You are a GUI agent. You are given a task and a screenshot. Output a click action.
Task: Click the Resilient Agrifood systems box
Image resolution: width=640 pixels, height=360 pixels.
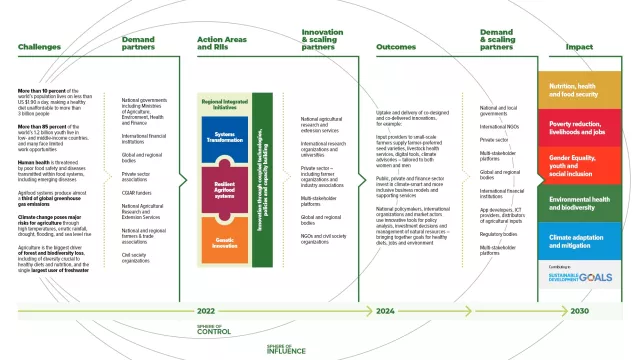click(x=225, y=188)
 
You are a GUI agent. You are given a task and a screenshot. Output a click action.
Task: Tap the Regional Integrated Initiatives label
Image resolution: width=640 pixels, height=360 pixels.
click(x=225, y=106)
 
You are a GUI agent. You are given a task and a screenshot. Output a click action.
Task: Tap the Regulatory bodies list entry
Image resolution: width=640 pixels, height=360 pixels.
click(x=496, y=234)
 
